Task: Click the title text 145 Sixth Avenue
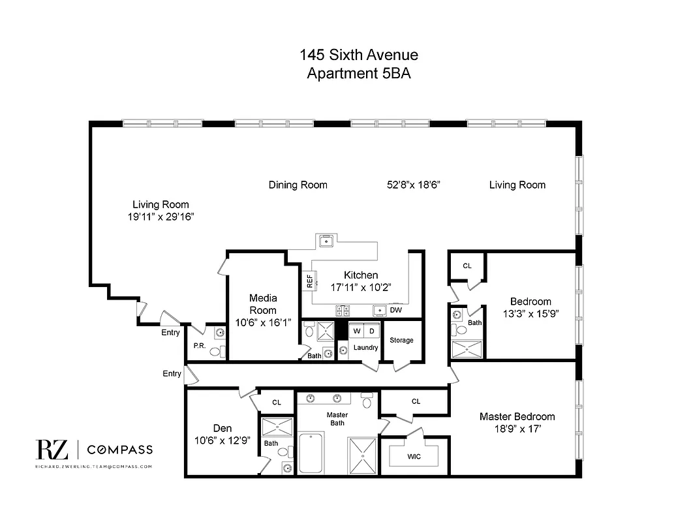pyautogui.click(x=358, y=54)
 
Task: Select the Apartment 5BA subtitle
pyautogui.click(x=358, y=74)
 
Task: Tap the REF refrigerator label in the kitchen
pyautogui.click(x=309, y=281)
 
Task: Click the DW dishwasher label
pyautogui.click(x=396, y=310)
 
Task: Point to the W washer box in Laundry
pyautogui.click(x=356, y=331)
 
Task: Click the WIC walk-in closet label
pyautogui.click(x=414, y=457)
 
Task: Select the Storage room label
pyautogui.click(x=401, y=340)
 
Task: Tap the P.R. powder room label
pyautogui.click(x=198, y=346)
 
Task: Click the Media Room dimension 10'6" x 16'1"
pyautogui.click(x=263, y=322)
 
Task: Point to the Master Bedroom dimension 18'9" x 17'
pyautogui.click(x=517, y=429)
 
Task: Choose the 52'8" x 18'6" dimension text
pyautogui.click(x=414, y=185)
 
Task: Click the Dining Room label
pyautogui.click(x=298, y=185)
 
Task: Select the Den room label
pyautogui.click(x=223, y=428)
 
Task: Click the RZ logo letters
pyautogui.click(x=51, y=450)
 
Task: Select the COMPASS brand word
pyautogui.click(x=120, y=450)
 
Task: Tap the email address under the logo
pyautogui.click(x=93, y=467)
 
